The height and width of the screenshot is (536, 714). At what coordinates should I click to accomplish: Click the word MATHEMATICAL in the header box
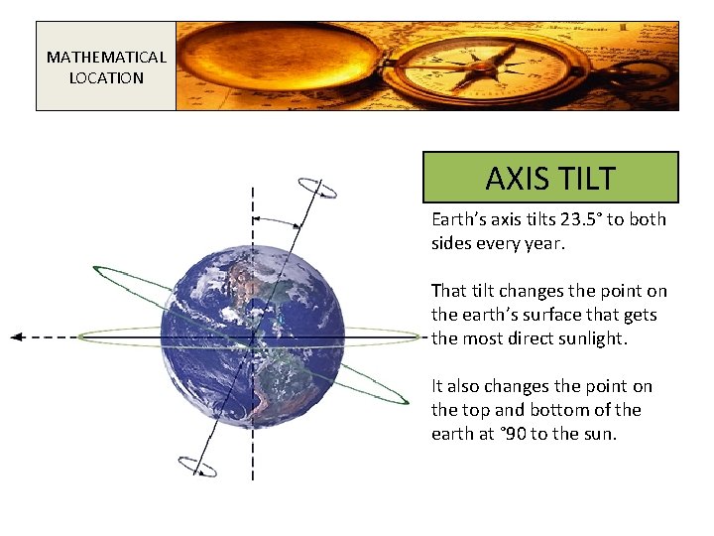pos(106,57)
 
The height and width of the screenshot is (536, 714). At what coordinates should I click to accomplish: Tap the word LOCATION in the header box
pos(106,77)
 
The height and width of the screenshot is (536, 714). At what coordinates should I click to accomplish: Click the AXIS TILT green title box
pos(550,178)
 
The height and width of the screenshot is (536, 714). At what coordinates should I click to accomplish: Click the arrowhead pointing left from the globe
pos(17,337)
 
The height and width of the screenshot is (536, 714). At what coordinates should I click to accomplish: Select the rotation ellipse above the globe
pos(317,187)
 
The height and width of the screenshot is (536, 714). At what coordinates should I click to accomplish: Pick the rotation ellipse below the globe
pos(196,467)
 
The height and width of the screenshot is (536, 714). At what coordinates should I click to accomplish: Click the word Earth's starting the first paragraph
pos(461,219)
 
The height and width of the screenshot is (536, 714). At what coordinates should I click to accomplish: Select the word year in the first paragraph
pos(543,243)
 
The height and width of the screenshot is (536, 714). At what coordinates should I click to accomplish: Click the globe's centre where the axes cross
pos(253,337)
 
